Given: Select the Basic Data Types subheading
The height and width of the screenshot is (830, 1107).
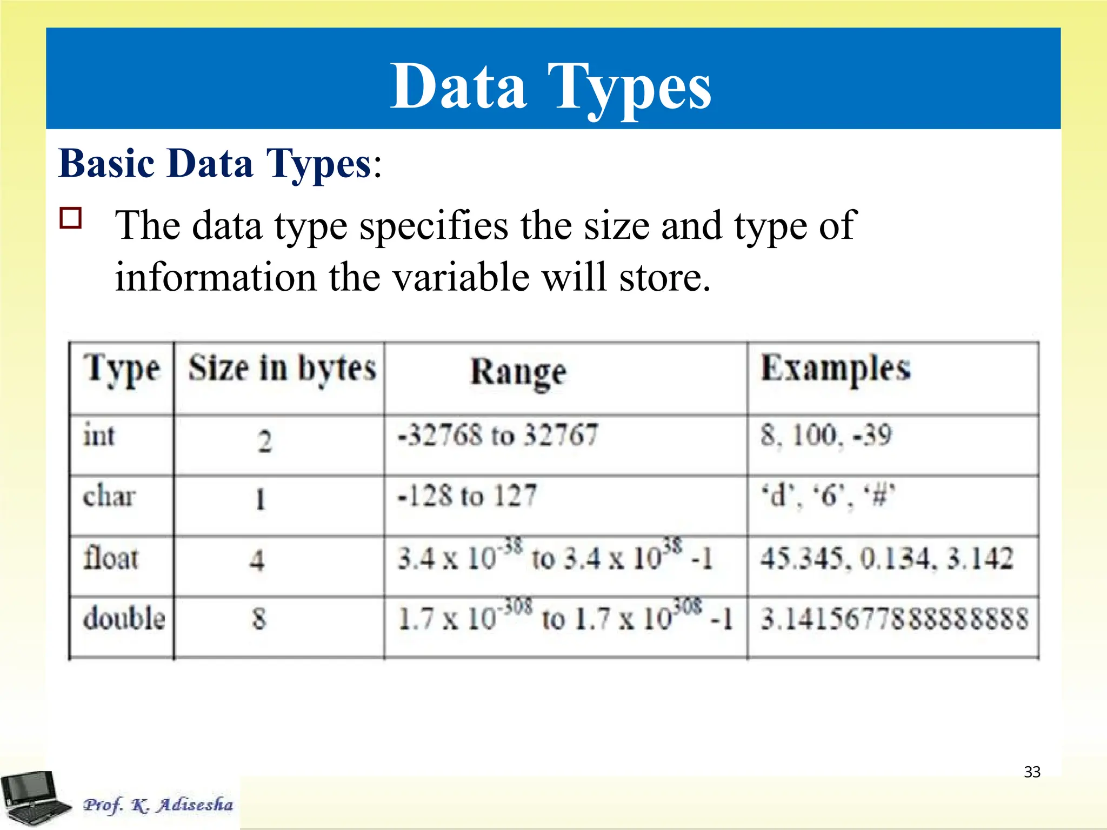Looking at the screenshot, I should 219,163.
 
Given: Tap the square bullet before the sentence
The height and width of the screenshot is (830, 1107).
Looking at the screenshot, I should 71,219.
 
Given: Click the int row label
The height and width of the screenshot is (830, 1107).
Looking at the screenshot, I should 99,436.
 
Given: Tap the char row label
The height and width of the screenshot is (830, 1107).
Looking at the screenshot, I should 109,496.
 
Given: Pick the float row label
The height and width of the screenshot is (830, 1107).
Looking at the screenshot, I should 111,558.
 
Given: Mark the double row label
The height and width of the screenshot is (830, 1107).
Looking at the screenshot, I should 124,618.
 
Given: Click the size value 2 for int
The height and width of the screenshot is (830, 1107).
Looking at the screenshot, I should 264,441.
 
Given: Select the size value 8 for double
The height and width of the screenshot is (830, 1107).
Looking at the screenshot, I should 259,619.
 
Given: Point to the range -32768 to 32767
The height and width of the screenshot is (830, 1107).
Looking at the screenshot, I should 497,435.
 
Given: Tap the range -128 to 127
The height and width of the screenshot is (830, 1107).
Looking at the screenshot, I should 467,496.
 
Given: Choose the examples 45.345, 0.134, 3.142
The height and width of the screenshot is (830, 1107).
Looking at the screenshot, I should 886,558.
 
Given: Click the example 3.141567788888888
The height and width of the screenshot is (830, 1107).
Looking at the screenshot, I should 894,619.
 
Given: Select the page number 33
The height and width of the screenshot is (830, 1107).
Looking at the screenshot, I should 1032,772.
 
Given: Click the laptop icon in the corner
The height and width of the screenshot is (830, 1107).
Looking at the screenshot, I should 35,798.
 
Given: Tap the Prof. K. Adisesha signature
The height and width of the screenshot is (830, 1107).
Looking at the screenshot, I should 158,805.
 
